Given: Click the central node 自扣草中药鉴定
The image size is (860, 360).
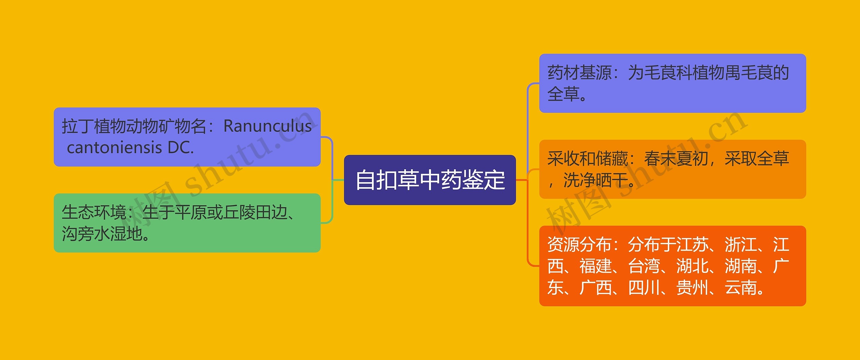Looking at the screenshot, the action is tap(430, 180).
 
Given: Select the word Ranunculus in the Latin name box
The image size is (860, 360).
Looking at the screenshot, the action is tap(267, 126).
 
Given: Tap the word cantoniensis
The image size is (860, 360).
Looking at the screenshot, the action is tap(115, 148).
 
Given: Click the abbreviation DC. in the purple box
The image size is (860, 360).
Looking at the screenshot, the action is tap(181, 148).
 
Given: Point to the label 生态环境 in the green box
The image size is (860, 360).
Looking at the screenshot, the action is tap(94, 212).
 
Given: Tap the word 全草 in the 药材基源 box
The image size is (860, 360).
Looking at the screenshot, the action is tap(563, 94).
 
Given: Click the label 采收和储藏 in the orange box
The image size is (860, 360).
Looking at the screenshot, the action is tap(588, 159).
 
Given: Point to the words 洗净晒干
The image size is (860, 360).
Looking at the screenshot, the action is tap(595, 180).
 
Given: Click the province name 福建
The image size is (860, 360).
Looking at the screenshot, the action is tap(596, 266).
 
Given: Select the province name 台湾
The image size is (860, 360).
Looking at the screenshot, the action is tap(644, 266).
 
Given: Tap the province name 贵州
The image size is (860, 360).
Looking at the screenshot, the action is tap(692, 287).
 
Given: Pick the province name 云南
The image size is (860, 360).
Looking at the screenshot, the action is tap(741, 287).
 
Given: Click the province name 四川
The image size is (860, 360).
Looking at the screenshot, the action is tap(644, 287).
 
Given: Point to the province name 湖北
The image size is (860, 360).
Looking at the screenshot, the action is tap(692, 266).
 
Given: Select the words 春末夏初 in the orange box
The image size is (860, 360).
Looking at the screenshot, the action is tap(676, 159).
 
